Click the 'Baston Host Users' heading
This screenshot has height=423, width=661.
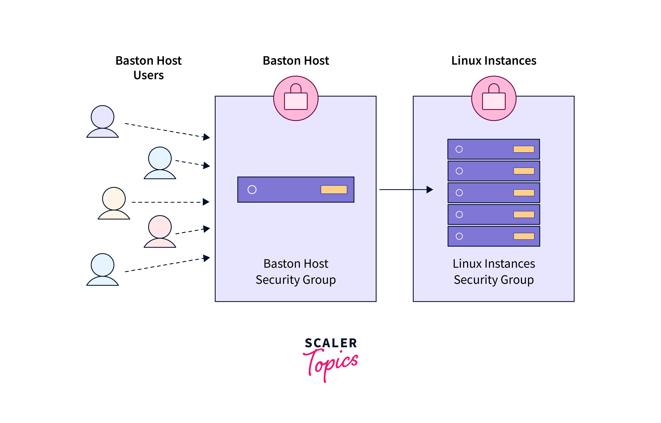(148, 68)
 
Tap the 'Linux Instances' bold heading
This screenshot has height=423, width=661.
(494, 60)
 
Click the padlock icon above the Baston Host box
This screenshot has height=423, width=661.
(296, 98)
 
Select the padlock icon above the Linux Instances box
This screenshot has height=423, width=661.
(494, 98)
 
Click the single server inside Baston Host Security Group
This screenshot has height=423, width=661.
(296, 189)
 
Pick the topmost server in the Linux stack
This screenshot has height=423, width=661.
(494, 149)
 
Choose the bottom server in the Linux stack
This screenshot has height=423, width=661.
(494, 236)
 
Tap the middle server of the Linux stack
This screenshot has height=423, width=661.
(494, 193)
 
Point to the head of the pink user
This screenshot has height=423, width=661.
(160, 227)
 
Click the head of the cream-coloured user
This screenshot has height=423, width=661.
(114, 199)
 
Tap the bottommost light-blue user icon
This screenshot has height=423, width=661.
(103, 269)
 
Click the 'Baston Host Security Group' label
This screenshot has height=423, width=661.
(296, 272)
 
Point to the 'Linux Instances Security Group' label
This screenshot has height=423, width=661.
(494, 272)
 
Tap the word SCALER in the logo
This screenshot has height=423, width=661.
(331, 343)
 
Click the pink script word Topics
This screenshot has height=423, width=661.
(331, 364)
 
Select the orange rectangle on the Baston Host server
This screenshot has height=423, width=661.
(334, 189)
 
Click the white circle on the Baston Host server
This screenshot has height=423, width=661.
(252, 189)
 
